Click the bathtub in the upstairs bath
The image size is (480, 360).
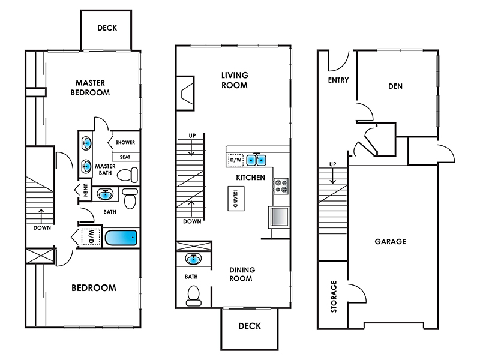coord(121,238)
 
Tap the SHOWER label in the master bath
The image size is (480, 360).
coord(125,142)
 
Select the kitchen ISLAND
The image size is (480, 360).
coord(236,199)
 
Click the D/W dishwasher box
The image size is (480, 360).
coord(236,160)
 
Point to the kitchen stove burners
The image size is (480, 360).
coord(281,187)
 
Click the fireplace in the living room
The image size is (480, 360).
coord(185,93)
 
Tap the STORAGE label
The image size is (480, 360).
coord(334,296)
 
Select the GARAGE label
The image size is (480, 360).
coord(391,242)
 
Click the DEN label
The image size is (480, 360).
coord(395,86)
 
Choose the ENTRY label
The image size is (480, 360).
coord(338,80)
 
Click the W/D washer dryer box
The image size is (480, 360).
coord(91,236)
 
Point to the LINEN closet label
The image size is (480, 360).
coord(85,190)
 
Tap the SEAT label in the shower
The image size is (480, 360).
coord(125,157)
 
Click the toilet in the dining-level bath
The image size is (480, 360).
coord(193,296)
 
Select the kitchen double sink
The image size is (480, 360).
coord(256,160)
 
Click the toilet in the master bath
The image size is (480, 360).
coord(128,175)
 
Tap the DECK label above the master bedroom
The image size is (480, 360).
coord(107,28)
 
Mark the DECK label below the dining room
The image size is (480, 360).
coord(250,326)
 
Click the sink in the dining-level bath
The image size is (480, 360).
coord(193,259)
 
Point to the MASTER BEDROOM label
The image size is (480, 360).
coord(90,88)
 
